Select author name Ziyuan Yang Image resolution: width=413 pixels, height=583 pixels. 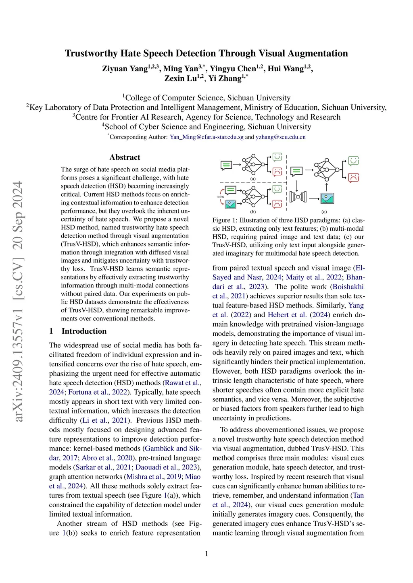coord(125,69)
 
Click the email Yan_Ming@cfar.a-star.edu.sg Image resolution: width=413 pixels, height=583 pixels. coord(206,137)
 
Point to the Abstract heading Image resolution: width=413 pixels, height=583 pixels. coord(125,157)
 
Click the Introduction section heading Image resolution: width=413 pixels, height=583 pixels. coord(84,331)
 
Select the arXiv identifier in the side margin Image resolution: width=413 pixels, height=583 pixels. coord(19,302)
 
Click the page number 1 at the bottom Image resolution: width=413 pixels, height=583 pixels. coord(206,554)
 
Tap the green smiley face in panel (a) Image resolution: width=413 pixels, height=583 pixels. coord(277,157)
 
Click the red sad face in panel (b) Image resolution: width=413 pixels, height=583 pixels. coord(277,204)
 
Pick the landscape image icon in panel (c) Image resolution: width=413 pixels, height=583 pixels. coord(327,198)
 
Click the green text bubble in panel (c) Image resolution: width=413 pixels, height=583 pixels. coord(296,171)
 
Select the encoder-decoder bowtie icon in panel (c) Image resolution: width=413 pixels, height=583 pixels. coord(298,197)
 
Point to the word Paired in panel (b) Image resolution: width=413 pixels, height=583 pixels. coord(221,196)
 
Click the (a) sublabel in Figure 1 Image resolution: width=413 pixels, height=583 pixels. coord(253,178)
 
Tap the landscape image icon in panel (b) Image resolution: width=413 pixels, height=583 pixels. coord(230,204)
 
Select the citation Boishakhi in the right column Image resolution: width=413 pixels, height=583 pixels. coord(348,287)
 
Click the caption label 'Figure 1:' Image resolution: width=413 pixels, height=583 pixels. coord(225,220)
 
